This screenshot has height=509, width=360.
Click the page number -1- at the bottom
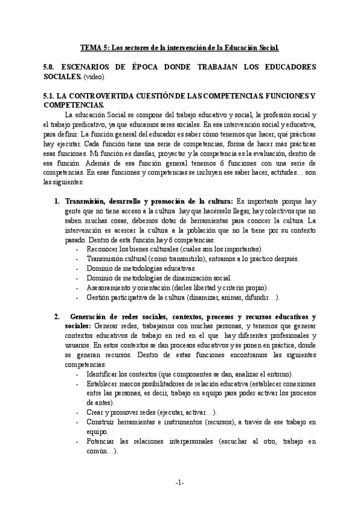point(179,483)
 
